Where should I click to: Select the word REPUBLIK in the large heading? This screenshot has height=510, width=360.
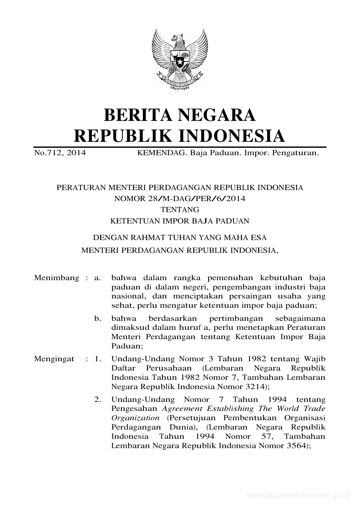[122, 136]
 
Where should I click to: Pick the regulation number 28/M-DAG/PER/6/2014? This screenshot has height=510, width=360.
[180, 198]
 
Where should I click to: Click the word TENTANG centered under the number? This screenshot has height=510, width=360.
[180, 209]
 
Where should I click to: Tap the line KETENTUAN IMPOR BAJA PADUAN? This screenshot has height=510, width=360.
[180, 221]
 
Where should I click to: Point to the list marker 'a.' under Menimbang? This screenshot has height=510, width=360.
[98, 278]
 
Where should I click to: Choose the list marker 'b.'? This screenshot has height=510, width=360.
[98, 318]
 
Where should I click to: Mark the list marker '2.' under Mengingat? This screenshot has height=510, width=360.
[98, 400]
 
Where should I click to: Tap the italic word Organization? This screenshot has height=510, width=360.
[135, 418]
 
